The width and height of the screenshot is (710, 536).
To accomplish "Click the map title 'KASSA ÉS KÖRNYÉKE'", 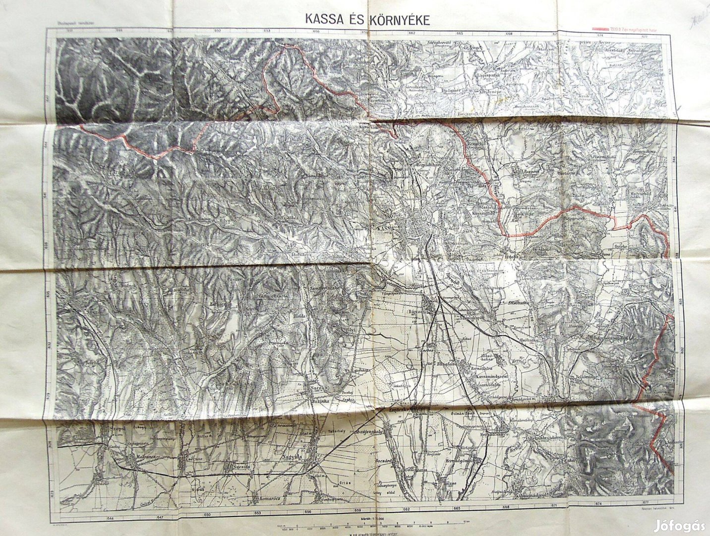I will [x=367, y=19].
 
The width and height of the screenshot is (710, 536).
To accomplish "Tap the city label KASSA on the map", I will [x=383, y=228].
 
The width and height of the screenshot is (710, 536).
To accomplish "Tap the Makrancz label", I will [x=133, y=454].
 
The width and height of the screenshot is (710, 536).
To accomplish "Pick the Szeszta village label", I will [x=235, y=467].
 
